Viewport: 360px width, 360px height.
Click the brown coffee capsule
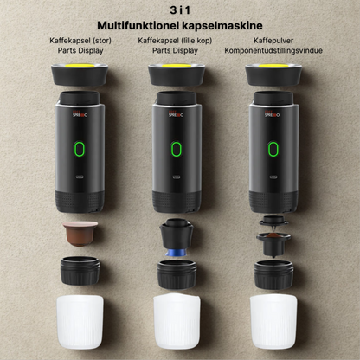pyautogui.click(x=80, y=234)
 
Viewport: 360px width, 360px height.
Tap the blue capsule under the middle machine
pyautogui.click(x=176, y=253)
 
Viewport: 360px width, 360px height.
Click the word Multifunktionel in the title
pyautogui.click(x=138, y=25)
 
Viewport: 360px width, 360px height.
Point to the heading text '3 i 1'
pyautogui.click(x=180, y=10)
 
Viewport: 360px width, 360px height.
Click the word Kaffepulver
pyautogui.click(x=273, y=41)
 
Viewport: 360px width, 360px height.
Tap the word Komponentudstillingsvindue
pyautogui.click(x=273, y=50)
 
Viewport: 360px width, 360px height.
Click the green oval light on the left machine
pyautogui.click(x=80, y=149)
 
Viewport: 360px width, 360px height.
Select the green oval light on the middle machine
pyautogui.click(x=177, y=149)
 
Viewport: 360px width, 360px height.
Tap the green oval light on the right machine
pyautogui.click(x=273, y=149)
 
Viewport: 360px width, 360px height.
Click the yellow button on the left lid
pyautogui.click(x=80, y=66)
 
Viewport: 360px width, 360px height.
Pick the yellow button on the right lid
pyautogui.click(x=273, y=66)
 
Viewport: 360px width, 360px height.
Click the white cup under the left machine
pyautogui.click(x=80, y=322)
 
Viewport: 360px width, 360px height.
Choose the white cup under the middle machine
pyautogui.click(x=177, y=321)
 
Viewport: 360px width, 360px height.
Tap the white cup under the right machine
pyautogui.click(x=273, y=321)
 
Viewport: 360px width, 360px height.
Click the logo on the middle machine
pyautogui.click(x=177, y=113)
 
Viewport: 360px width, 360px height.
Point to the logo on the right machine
pyautogui.click(x=273, y=113)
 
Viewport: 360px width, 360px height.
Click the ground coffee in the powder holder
pyautogui.click(x=273, y=235)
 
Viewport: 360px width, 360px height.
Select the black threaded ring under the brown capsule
pyautogui.click(x=80, y=271)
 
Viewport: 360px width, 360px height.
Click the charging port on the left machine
pyautogui.click(x=80, y=177)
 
